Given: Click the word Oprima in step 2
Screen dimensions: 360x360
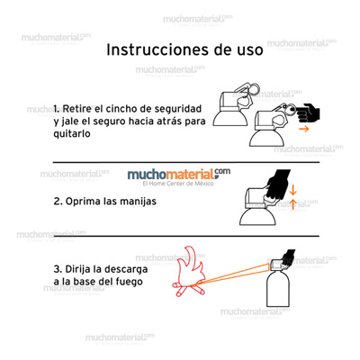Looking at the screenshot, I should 91,202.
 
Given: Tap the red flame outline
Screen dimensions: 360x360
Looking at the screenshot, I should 193,270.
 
